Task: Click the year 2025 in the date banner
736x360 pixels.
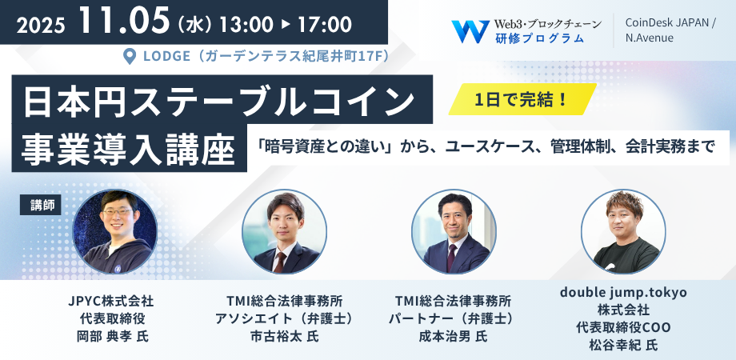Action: click(40, 26)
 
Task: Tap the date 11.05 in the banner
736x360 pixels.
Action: click(124, 21)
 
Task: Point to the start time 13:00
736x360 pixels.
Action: click(246, 25)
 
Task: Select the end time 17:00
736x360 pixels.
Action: click(324, 25)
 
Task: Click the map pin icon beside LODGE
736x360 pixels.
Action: click(129, 56)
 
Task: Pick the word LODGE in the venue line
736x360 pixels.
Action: click(166, 56)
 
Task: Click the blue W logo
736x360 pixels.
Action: click(470, 31)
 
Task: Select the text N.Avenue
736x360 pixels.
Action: click(649, 38)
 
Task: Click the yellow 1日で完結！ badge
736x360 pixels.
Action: click(522, 99)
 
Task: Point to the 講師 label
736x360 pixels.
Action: click(40, 206)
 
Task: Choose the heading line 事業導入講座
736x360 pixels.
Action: click(129, 150)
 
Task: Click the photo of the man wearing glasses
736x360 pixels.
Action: click(115, 232)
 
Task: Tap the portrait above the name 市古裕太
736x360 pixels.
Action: click(285, 232)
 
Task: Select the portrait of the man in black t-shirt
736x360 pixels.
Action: click(623, 232)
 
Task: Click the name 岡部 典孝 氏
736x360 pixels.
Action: click(112, 337)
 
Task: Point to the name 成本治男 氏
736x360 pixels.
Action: click(453, 337)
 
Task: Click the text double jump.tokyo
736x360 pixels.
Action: click(623, 293)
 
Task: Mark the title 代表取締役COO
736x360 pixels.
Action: click(623, 327)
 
